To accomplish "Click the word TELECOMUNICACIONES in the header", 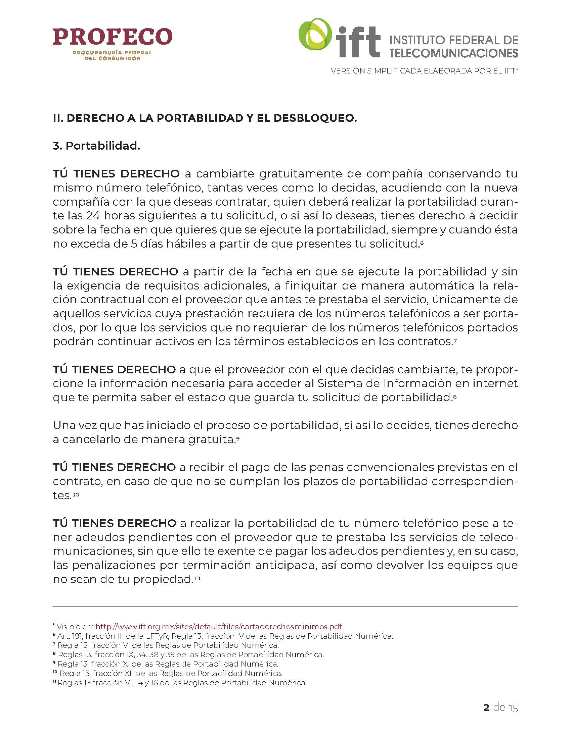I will [x=454, y=53].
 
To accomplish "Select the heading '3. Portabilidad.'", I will [x=96, y=146].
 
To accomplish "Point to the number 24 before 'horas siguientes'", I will [x=93, y=216].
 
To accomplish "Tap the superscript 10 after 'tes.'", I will [x=76, y=494].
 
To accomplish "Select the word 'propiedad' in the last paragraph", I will [x=162, y=579].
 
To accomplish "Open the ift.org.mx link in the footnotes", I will [x=219, y=627].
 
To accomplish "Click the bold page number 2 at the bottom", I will [x=486, y=707].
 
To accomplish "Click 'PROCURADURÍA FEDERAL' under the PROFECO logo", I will [x=113, y=53].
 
